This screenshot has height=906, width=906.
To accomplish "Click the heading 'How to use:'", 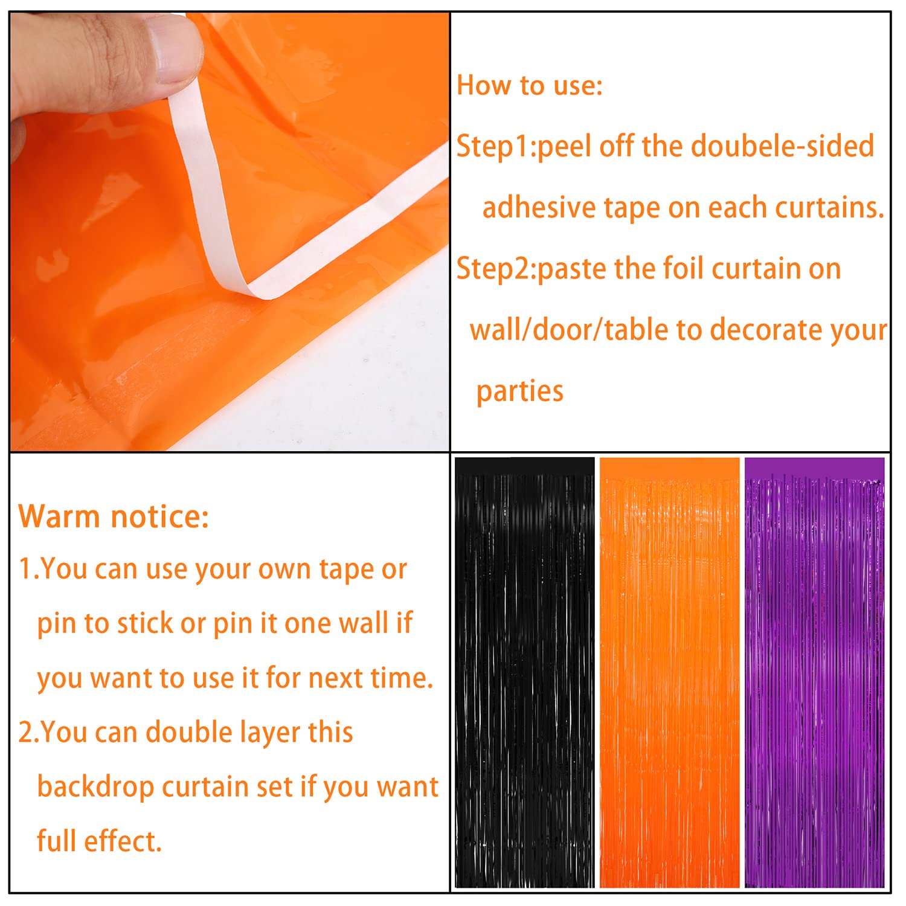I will click(x=529, y=85).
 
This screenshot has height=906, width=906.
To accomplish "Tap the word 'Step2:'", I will click(x=496, y=269).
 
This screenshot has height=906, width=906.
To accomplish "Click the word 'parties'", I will click(x=519, y=391).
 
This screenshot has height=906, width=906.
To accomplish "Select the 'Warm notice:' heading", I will click(x=114, y=516).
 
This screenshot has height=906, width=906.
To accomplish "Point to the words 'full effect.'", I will click(x=99, y=841).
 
